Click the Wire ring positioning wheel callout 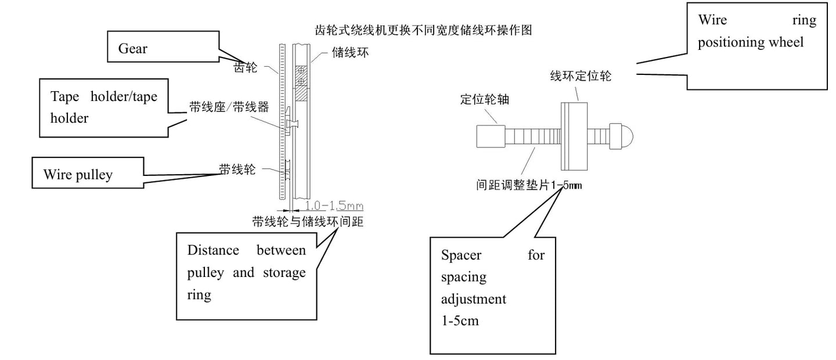tap(756, 45)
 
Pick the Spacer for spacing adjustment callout tap(492, 295)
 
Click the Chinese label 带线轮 tap(237, 168)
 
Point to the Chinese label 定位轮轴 tap(484, 99)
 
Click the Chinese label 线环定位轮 tap(581, 76)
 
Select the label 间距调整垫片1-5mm tap(528, 186)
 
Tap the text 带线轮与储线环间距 tap(308, 221)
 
